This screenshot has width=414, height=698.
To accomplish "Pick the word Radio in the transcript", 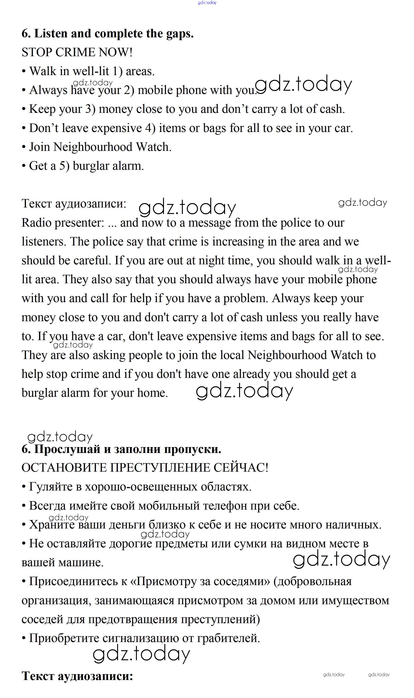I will coord(36,223).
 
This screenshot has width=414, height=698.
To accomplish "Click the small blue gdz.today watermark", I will coord(207,3).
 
